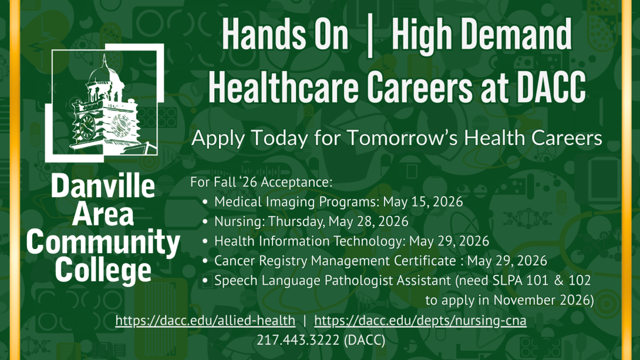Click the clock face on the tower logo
tap(86, 126)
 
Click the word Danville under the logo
tap(103, 186)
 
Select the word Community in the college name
tap(103, 242)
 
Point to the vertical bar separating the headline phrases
tap(369, 36)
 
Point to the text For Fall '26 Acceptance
tap(261, 182)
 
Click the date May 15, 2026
tap(423, 202)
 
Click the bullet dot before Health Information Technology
tap(204, 241)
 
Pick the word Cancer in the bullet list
tap(233, 261)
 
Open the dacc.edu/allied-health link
tap(206, 321)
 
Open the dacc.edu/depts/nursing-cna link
tap(420, 321)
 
